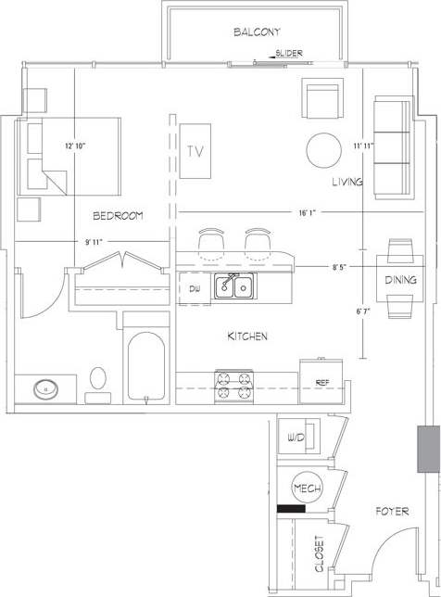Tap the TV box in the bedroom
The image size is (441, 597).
coord(195,151)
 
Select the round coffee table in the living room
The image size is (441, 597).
coord(324,149)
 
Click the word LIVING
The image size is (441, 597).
coord(347,183)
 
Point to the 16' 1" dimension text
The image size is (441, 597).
coord(309,212)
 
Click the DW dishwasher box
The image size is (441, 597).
coord(194,289)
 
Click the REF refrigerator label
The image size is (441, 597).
coord(322,382)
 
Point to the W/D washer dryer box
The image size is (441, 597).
coord(298,437)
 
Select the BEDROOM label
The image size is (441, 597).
coord(118,216)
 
